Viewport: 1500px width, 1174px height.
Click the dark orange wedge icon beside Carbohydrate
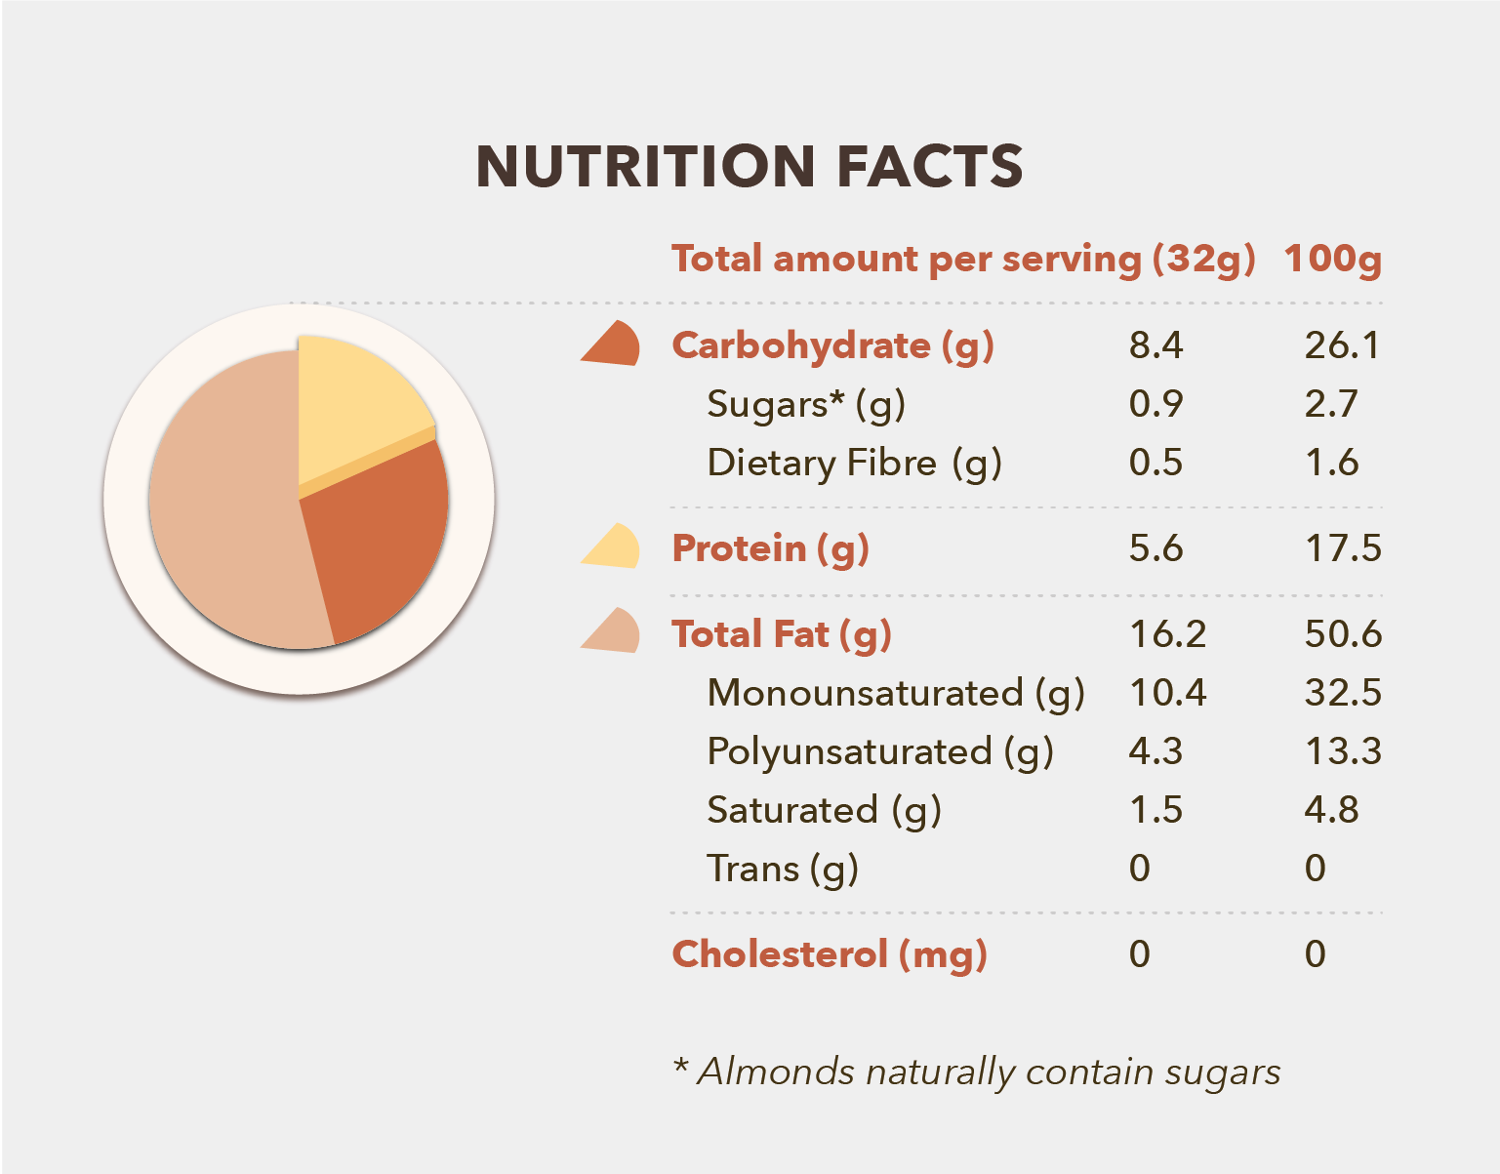(612, 344)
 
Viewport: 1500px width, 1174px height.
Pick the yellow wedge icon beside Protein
(612, 547)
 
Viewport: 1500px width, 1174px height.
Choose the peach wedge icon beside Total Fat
(612, 632)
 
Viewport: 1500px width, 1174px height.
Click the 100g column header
(1332, 260)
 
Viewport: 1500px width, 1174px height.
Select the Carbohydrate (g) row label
(832, 346)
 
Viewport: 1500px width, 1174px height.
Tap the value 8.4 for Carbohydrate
(1155, 345)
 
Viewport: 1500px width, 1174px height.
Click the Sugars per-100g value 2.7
(1331, 404)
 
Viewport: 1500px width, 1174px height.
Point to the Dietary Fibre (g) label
(854, 464)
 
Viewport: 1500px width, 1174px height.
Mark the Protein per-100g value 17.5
(1343, 548)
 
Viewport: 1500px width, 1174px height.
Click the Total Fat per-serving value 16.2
(1167, 634)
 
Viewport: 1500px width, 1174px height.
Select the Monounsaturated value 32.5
(1343, 693)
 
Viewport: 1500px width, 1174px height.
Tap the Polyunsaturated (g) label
(879, 752)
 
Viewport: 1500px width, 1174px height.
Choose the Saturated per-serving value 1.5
(1155, 810)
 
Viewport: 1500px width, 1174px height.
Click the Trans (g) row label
(782, 869)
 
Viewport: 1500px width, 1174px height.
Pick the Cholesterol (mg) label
(830, 954)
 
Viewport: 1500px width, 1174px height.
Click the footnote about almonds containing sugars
(976, 1072)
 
